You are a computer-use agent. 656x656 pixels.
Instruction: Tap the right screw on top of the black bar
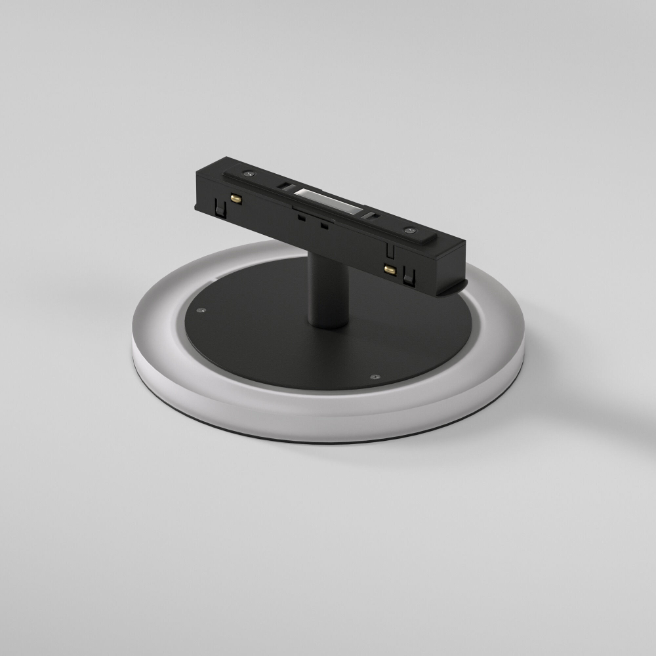(410, 231)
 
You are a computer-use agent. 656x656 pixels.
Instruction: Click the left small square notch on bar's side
(300, 218)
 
